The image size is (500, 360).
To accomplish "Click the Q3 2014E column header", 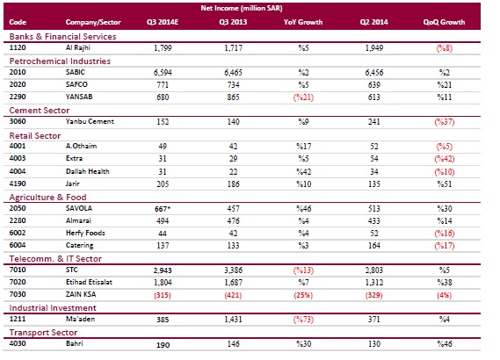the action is coord(163,22).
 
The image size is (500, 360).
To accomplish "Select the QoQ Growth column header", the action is coord(444,22).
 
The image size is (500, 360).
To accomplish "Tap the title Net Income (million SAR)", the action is coord(242,8).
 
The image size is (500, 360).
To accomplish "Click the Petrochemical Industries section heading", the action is coord(60,61).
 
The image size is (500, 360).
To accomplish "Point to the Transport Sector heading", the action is coord(43,333).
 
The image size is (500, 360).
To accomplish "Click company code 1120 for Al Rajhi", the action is coord(18,47).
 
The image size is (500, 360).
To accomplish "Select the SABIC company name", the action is coord(76,72).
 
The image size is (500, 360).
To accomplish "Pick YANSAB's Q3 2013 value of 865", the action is coord(233,97).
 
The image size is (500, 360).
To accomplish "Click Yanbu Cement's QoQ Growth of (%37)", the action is coord(444,122).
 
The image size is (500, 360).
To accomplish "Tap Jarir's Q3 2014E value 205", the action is coord(163,184).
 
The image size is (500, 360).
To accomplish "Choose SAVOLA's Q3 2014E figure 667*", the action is coord(163,209).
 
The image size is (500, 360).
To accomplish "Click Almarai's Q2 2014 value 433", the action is coord(374,220).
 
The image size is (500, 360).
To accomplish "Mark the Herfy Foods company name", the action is coord(85,234).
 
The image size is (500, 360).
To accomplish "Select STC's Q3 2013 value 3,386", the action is coord(233,270).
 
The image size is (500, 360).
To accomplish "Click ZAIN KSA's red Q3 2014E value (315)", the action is coord(163,295).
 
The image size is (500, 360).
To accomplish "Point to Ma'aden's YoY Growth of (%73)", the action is coord(303,320).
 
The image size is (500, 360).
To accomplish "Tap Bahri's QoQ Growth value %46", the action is coord(444,344).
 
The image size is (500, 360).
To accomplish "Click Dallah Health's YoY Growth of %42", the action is coord(303,172).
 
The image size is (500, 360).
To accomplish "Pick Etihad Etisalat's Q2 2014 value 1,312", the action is coord(374,283).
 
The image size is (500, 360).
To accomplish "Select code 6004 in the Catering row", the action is coord(18,245).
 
